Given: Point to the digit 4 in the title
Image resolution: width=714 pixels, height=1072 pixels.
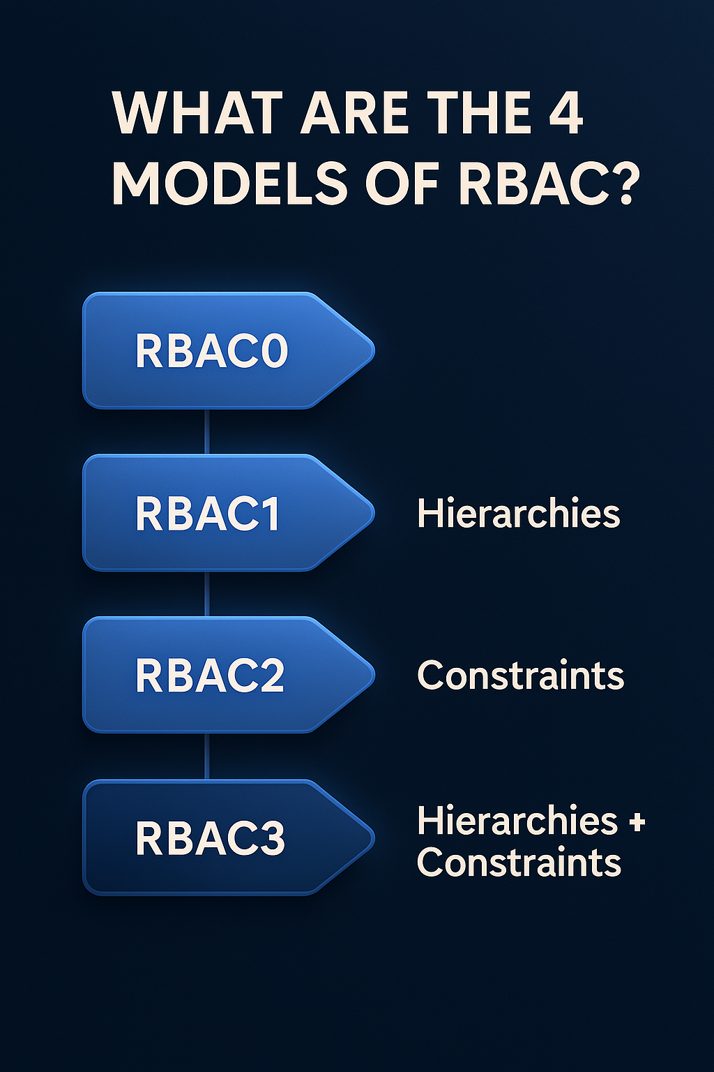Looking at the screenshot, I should coord(565,114).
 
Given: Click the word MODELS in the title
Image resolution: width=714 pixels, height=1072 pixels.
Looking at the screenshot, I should coord(229,184).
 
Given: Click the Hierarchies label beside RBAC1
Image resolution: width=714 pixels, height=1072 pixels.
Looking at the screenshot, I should coord(518,514).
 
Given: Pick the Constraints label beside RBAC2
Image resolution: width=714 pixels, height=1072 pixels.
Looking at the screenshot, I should coord(520,676).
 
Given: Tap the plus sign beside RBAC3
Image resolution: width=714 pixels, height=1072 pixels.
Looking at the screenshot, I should coord(636,821).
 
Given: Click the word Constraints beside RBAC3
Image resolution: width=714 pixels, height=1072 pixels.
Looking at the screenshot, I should coord(519,863).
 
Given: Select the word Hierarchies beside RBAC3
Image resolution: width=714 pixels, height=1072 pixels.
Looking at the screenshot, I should coord(517,821).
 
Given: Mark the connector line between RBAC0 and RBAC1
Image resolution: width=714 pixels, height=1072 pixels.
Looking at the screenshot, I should coord(207,431).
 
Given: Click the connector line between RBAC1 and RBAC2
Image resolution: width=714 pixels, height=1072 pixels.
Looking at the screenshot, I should coord(207,594).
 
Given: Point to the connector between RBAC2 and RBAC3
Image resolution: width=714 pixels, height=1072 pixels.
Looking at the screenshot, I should coord(207,757).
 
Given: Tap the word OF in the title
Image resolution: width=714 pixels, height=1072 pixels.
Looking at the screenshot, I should coord(402,184).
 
